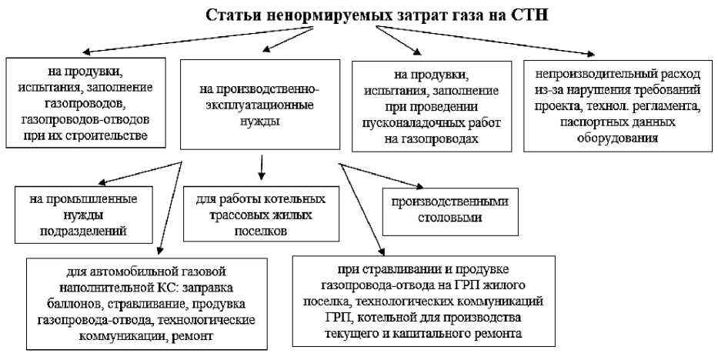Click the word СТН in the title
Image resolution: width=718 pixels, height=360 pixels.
click(529, 15)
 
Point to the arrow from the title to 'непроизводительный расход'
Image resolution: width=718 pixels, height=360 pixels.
click(493, 39)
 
